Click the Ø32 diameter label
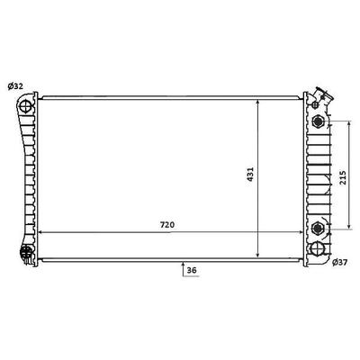pos(15,86)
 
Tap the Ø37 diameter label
pos(339,263)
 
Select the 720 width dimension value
pos(167,225)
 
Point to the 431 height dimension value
pos(250,175)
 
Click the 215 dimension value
pos(343,177)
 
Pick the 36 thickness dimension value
pos(192,270)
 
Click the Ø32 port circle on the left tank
pos(25,106)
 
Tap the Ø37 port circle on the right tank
pos(317,248)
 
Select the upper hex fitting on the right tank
pos(318,121)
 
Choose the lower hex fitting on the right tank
pos(317,229)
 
